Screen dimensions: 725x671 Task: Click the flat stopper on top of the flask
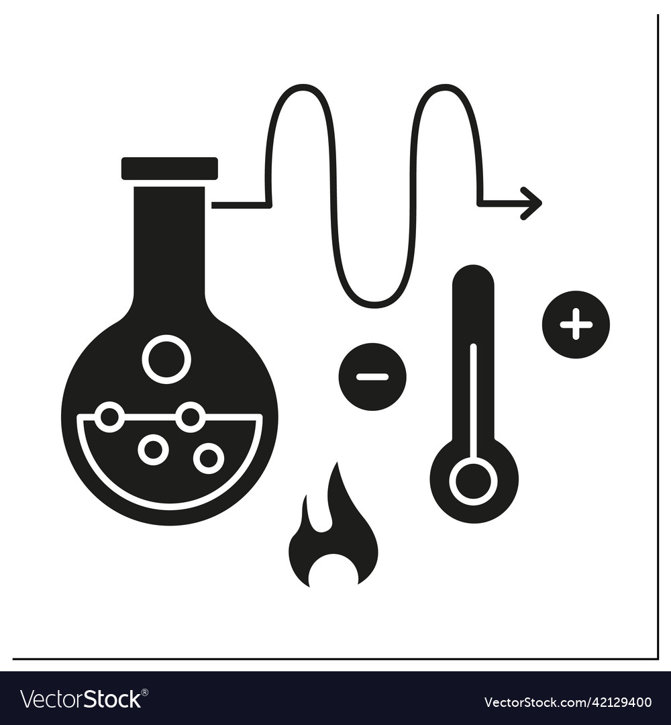point(169,168)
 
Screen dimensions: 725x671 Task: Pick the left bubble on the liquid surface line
point(109,418)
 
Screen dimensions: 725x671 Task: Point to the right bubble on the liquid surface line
point(191,418)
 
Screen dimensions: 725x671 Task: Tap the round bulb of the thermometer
point(474,481)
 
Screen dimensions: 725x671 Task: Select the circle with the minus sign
point(372,377)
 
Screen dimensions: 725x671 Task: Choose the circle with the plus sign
point(576,325)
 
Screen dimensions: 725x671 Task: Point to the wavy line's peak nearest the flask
point(301,87)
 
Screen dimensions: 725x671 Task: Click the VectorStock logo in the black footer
point(81,699)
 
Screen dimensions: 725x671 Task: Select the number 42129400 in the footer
point(621,703)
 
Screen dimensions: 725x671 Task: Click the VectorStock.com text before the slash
point(537,703)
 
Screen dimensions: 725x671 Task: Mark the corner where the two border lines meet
point(657,659)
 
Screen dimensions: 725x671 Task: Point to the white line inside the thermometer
point(473,403)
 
